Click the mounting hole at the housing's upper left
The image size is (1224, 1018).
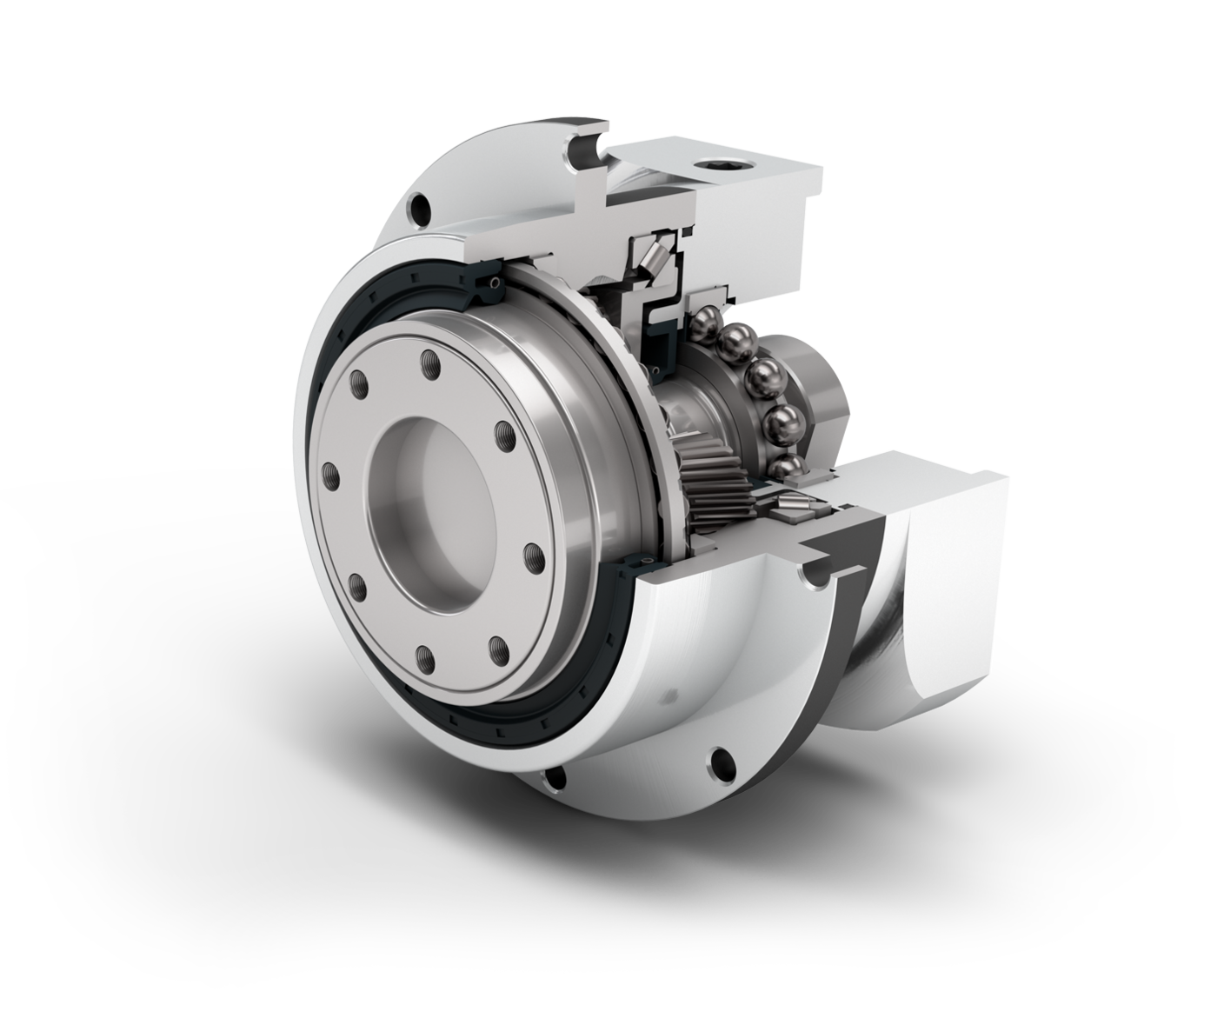[x=421, y=209]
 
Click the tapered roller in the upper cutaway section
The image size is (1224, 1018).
[x=654, y=257]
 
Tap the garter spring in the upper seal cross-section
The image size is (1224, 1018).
[x=494, y=283]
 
